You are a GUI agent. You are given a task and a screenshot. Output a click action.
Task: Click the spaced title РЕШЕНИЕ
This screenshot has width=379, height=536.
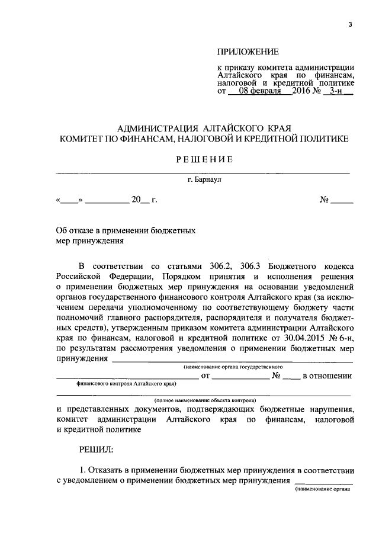[x=204, y=159]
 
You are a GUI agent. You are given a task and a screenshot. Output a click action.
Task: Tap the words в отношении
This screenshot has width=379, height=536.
[x=327, y=375]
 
